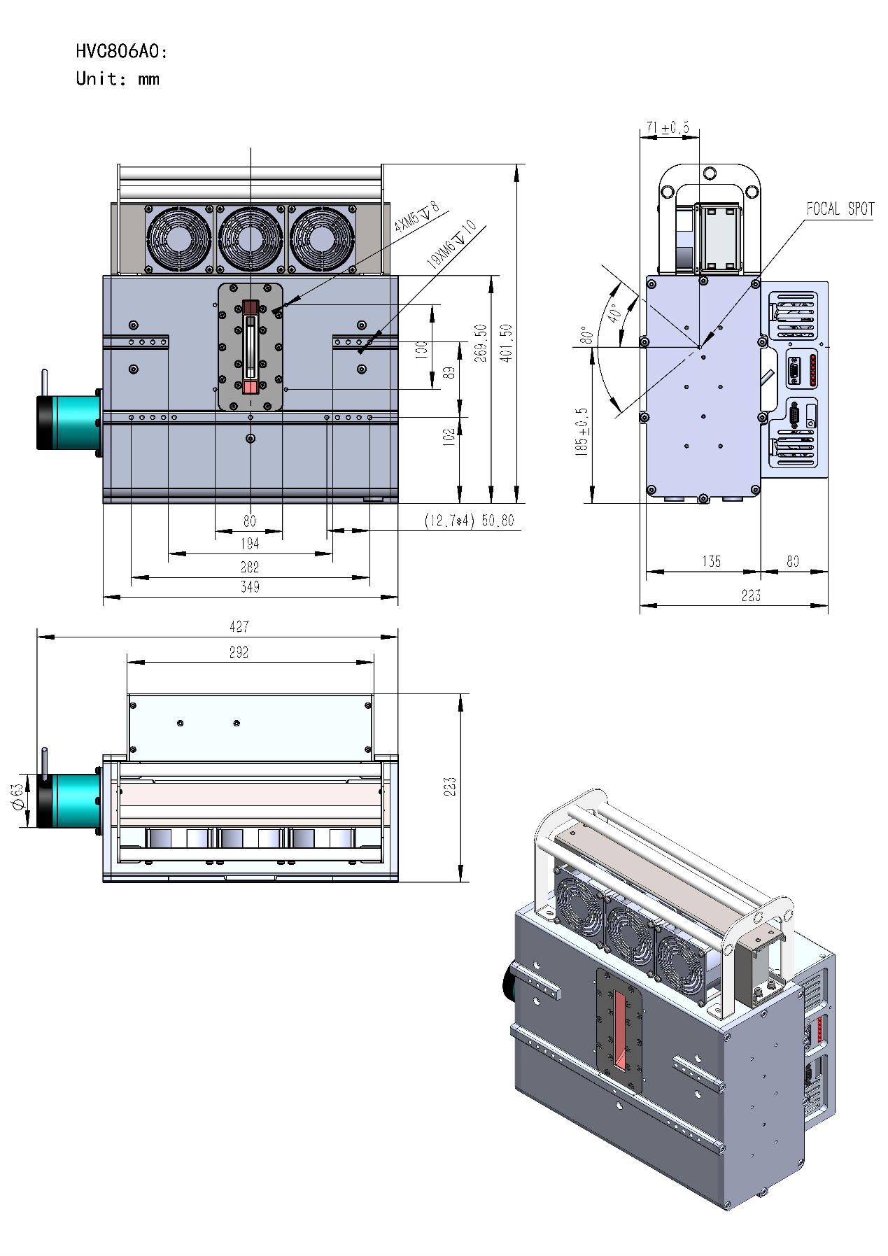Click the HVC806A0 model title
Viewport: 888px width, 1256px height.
point(122,51)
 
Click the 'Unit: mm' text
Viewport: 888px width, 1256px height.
point(118,78)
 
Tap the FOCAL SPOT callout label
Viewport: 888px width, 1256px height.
point(840,209)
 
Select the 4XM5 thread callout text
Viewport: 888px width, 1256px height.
point(416,216)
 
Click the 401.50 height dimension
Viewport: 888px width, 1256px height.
point(506,342)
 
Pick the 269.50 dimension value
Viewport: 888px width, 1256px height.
point(480,342)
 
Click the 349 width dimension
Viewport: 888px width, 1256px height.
point(250,587)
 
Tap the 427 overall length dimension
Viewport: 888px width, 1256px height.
point(239,627)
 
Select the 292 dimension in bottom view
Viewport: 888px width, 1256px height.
point(239,652)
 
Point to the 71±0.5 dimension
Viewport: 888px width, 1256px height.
point(668,127)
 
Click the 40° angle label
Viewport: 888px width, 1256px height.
point(614,313)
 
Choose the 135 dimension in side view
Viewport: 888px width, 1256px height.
point(712,561)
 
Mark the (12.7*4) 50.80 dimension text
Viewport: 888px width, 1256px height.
point(469,521)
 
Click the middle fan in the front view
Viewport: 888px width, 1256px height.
point(251,239)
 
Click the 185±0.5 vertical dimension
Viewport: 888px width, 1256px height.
point(582,432)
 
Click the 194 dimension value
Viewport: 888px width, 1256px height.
point(250,543)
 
